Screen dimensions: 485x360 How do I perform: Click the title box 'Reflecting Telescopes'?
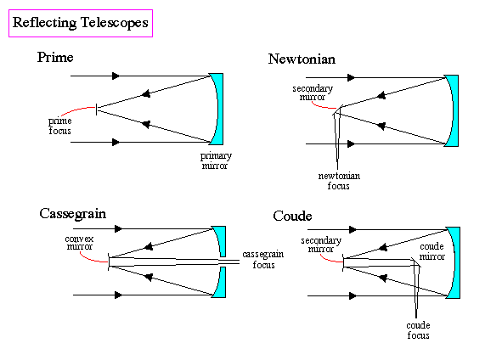coord(81,23)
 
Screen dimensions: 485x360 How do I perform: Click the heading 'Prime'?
coord(55,57)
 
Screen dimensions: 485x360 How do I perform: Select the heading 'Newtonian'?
coord(302,59)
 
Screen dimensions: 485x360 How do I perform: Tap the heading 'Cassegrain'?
coord(73,214)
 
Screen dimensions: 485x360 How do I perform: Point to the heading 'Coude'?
coord(292,216)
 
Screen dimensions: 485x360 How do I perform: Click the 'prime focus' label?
coord(59,126)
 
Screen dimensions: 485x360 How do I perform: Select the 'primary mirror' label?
coord(216,160)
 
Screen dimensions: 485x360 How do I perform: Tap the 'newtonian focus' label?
coord(339,181)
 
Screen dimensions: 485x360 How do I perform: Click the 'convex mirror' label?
coord(79,243)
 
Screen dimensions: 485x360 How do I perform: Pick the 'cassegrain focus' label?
coord(263,259)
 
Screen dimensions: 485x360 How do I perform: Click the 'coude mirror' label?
coord(431,251)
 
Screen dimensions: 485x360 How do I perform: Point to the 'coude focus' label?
coord(418,330)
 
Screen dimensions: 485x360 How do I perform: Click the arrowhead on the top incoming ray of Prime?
coord(116,76)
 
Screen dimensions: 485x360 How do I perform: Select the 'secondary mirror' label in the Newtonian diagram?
coord(313,93)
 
